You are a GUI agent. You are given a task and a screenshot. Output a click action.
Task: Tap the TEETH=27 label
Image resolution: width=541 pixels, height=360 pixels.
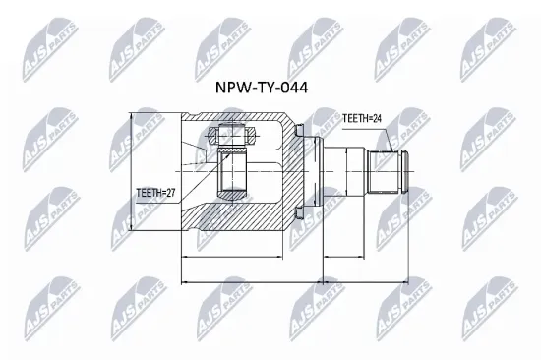(x=155, y=193)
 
